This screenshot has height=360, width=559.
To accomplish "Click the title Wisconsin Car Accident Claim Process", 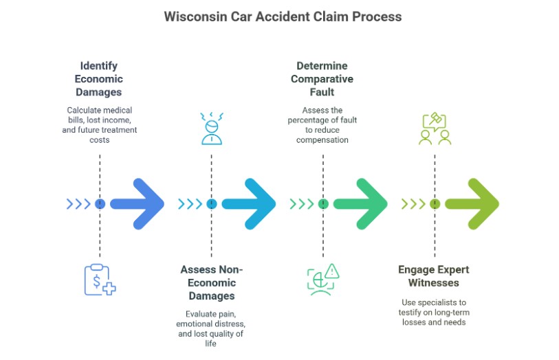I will pyautogui.click(x=283, y=16).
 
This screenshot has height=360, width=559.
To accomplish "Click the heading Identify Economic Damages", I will pyautogui.click(x=99, y=78).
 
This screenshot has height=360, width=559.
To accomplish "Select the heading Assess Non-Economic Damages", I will pyautogui.click(x=212, y=282).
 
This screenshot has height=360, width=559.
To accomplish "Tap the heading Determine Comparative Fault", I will pyautogui.click(x=322, y=78).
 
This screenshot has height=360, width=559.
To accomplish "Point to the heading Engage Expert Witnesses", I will pyautogui.click(x=434, y=276).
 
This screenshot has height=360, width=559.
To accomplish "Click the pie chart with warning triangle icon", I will pyautogui.click(x=322, y=279).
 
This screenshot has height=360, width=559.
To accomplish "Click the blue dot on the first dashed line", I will pyautogui.click(x=100, y=203).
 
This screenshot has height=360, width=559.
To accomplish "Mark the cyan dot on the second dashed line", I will pyautogui.click(x=211, y=203).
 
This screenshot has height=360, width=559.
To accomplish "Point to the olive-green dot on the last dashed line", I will pyautogui.click(x=435, y=203).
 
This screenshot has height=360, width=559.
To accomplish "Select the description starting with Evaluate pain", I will pyautogui.click(x=211, y=328).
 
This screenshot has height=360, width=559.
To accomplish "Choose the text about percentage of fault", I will pyautogui.click(x=322, y=125).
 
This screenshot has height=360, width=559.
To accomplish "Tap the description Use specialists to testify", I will pyautogui.click(x=434, y=312).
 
